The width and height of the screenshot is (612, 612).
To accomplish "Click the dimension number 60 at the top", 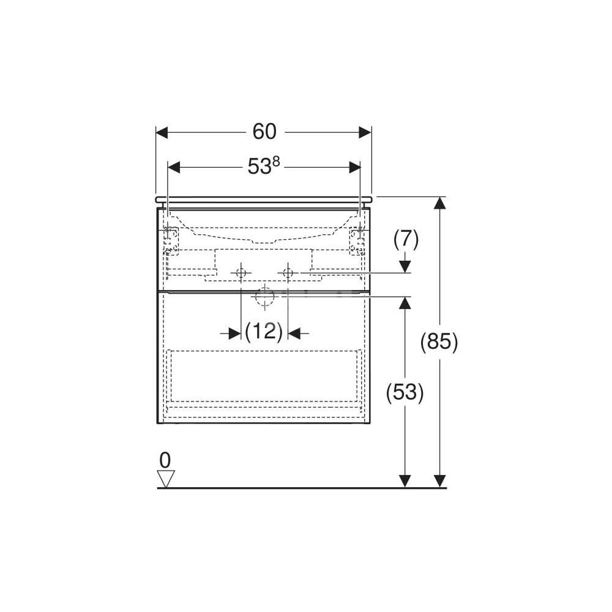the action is tap(264, 132).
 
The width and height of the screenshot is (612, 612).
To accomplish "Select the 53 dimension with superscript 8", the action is tap(264, 166).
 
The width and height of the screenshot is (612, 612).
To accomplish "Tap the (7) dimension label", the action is tap(406, 239).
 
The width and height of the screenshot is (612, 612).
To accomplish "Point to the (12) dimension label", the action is tap(264, 332).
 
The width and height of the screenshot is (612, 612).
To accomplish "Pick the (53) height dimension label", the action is tap(405, 392).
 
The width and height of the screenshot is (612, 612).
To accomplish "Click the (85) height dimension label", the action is tap(439, 342).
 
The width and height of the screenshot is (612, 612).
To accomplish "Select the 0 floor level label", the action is tap(165, 460).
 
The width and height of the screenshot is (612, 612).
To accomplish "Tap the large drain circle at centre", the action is tap(265, 297).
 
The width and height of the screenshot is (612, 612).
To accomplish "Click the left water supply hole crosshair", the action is tap(241, 272).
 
